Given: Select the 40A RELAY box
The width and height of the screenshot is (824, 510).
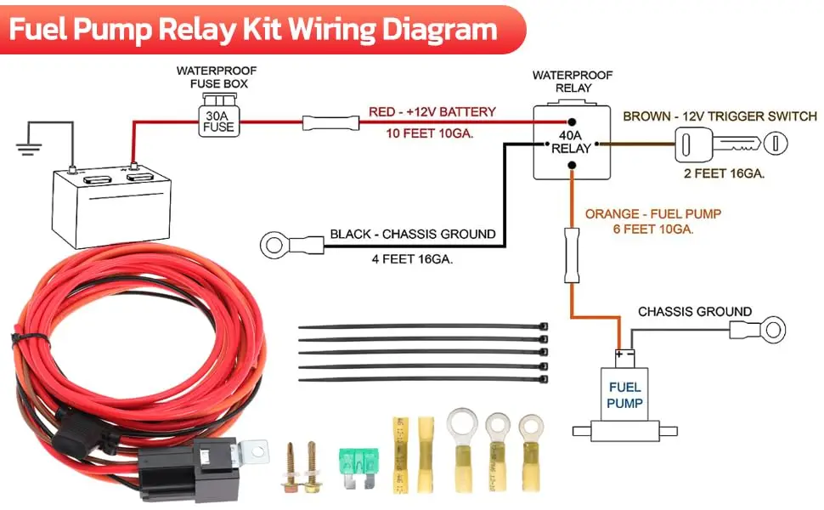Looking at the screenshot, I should click(x=571, y=143).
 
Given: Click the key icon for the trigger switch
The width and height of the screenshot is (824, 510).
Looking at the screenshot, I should click(x=727, y=144).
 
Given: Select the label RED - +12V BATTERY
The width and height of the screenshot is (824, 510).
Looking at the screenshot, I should click(x=432, y=112).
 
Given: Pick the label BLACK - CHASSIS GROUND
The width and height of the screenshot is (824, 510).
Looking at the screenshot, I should click(x=412, y=234).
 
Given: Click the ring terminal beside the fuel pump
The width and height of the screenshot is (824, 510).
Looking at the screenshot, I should click(x=772, y=328).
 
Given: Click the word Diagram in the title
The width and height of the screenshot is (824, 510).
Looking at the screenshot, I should click(x=436, y=29).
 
